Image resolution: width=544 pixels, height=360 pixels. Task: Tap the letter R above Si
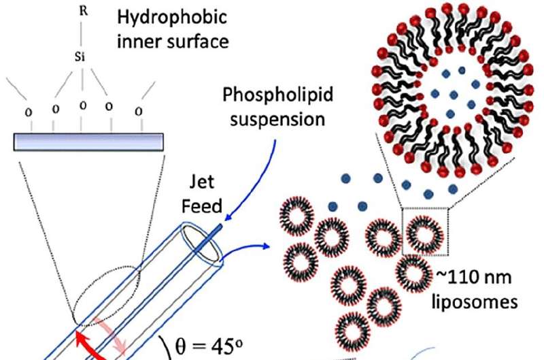click(x=83, y=12)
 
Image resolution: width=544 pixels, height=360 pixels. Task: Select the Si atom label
click(x=80, y=57)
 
